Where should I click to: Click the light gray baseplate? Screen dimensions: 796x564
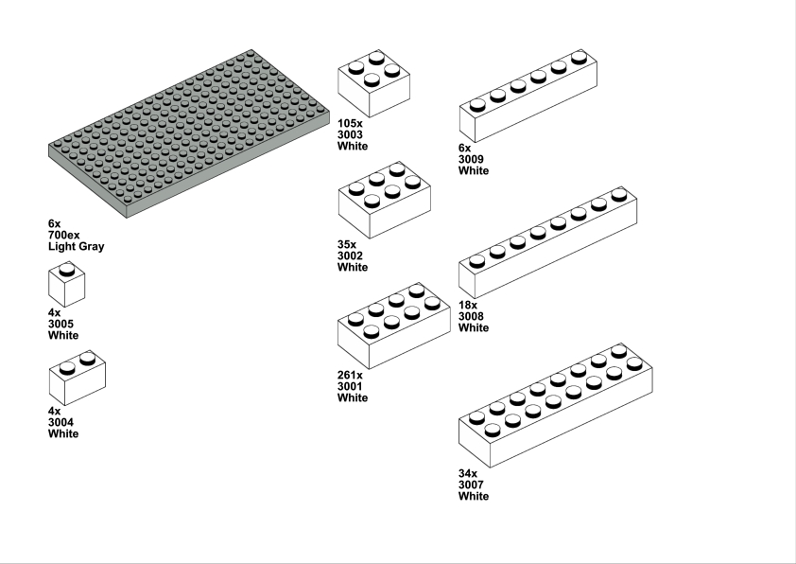pos(189,133)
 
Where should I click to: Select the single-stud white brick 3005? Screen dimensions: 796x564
pos(66,285)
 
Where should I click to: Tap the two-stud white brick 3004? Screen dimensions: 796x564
pos(78,378)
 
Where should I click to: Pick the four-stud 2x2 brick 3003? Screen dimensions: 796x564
pos(374,84)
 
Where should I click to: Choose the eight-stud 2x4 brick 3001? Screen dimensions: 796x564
pos(394,326)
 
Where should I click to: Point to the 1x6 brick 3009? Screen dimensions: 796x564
pos(528,96)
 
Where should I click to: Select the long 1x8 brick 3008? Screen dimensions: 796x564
pos(548,243)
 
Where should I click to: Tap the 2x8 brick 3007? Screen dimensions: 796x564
pos(556,405)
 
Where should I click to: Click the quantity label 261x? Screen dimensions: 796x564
pos(351,376)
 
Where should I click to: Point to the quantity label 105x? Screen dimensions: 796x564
pos(351,123)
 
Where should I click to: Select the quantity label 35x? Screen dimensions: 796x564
pos(347,244)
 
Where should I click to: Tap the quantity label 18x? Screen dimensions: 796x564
pos(468,306)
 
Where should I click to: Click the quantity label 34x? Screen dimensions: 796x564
pos(468,473)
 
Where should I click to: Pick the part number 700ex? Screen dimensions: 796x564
pos(64,236)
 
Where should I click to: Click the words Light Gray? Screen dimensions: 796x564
pos(77,247)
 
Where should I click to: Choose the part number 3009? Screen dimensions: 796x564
pos(471,160)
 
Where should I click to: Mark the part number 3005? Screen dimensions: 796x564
pos(61,325)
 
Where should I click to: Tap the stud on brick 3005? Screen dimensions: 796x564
pos(66,270)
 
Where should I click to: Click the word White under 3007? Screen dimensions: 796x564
pos(474,497)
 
